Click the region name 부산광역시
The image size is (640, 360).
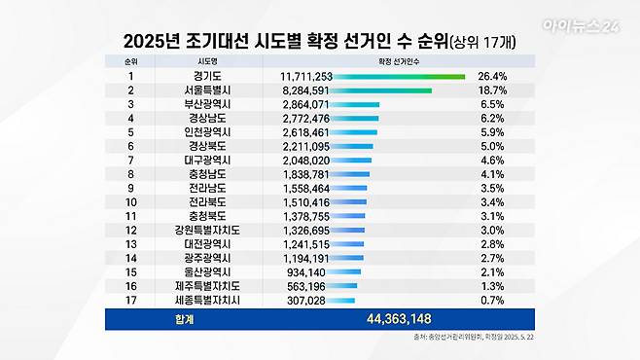coord(207,103)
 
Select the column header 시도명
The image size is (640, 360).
coord(207,60)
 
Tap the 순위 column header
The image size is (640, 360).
coord(131,60)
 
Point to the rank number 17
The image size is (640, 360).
coord(131,302)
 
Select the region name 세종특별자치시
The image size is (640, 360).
coord(207,302)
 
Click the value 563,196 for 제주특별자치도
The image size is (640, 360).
coord(307,287)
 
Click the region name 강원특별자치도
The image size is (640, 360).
coord(207,230)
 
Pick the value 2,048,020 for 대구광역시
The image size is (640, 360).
coord(303,160)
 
